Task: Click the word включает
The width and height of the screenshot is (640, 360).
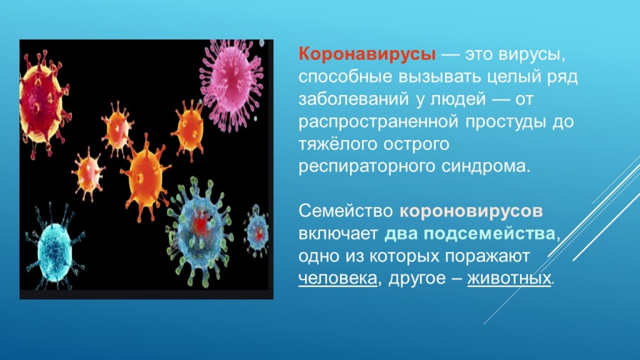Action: [x=337, y=233]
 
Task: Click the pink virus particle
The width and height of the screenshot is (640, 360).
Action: [x=232, y=79]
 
